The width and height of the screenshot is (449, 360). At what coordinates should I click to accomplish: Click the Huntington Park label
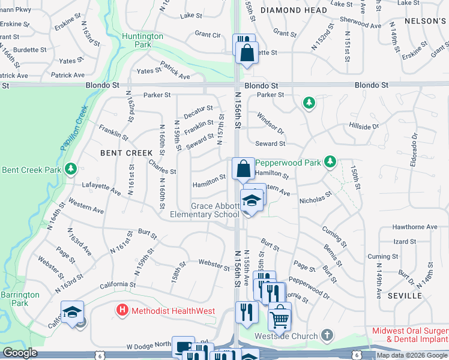142,40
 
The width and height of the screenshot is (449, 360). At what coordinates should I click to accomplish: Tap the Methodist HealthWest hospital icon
122,310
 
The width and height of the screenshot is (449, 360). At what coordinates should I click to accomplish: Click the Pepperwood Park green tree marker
330,161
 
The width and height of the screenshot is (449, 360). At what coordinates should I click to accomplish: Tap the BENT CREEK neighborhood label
127,153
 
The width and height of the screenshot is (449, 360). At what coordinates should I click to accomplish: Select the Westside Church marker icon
327,334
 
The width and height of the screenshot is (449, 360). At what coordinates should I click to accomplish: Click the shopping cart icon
279,318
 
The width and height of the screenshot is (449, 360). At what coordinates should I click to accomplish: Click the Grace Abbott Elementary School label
205,210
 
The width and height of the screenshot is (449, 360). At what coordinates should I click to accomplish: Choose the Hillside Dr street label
364,127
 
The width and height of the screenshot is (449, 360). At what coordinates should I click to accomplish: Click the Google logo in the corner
20,353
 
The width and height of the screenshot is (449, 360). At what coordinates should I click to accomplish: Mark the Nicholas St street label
316,197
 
